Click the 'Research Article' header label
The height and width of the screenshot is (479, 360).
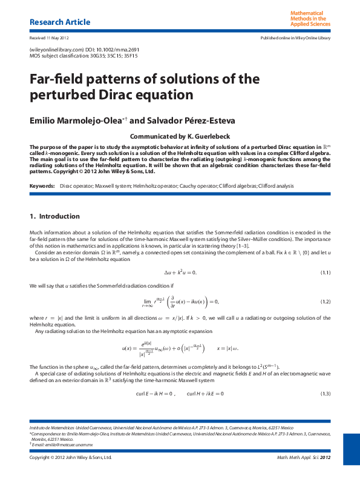[60, 22]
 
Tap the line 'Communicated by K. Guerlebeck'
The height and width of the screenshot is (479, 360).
[180, 136]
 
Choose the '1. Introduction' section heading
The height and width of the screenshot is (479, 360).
[54, 216]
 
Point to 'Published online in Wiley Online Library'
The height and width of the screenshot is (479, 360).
[295, 38]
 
